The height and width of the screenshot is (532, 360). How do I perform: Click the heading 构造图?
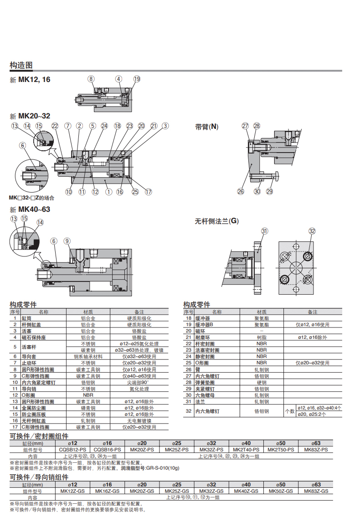21,65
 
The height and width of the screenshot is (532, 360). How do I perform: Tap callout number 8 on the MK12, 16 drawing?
91,79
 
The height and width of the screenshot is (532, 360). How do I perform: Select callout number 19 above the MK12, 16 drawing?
137,79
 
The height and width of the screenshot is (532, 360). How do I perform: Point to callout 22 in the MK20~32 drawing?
55,126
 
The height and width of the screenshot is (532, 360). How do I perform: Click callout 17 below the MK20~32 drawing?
148,192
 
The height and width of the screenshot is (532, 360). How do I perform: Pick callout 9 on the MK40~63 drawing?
67,241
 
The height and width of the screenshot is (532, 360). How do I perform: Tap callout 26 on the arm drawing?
241,192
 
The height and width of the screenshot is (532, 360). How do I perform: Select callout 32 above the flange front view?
312,231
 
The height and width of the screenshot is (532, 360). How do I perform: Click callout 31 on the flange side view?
264,231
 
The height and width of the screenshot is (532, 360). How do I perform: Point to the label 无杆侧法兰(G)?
216,221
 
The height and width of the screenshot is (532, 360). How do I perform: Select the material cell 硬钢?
262,383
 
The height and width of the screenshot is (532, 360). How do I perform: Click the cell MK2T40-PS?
246,450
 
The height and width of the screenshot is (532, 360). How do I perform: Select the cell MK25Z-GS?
176,491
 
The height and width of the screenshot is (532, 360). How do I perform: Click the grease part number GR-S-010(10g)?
159,468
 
